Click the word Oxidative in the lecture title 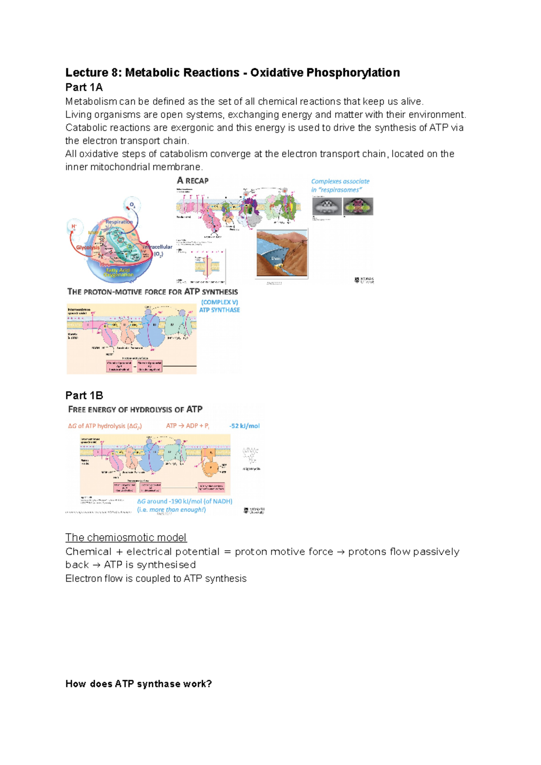click(x=277, y=73)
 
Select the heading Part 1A click(x=84, y=87)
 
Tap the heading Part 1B click(x=84, y=396)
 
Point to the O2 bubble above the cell click(x=132, y=205)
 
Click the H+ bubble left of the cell click(x=73, y=226)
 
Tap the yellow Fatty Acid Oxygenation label click(x=118, y=272)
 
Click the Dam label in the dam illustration click(x=275, y=258)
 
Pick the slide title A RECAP click(x=193, y=181)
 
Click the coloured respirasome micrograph click(x=358, y=207)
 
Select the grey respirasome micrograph click(x=327, y=207)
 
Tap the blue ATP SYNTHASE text click(x=220, y=310)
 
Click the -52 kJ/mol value click(x=244, y=426)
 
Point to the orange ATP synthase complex click(x=210, y=464)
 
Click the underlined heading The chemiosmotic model click(x=126, y=537)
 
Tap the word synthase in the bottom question click(x=158, y=684)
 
